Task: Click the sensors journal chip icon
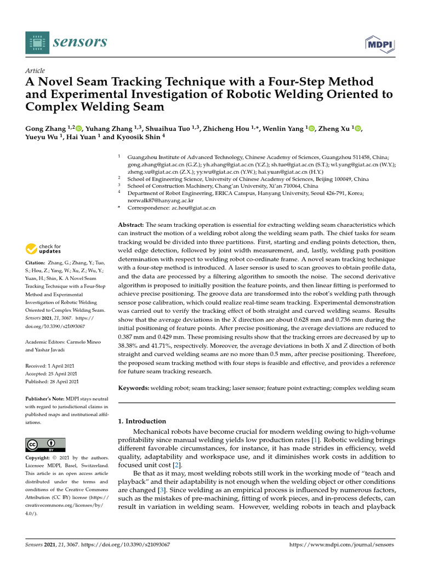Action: tap(36, 42)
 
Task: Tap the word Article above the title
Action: tap(36, 71)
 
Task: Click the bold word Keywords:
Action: tap(134, 388)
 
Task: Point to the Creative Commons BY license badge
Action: tap(45, 444)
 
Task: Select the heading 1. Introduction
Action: tap(142, 421)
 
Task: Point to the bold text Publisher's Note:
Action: tap(49, 399)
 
